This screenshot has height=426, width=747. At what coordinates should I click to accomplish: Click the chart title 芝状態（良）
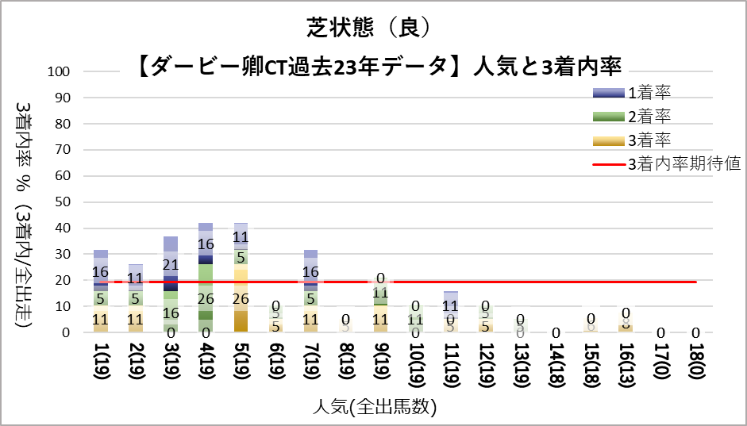(x=372, y=26)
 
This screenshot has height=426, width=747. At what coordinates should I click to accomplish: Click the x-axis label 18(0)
(x=696, y=363)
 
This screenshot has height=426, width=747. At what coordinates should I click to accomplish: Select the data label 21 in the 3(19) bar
(x=170, y=264)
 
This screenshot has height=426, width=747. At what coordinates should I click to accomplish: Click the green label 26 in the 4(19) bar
(x=205, y=299)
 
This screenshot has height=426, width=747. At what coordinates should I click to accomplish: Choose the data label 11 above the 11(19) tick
(x=450, y=305)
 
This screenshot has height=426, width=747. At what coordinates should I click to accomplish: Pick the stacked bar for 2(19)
(x=136, y=298)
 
